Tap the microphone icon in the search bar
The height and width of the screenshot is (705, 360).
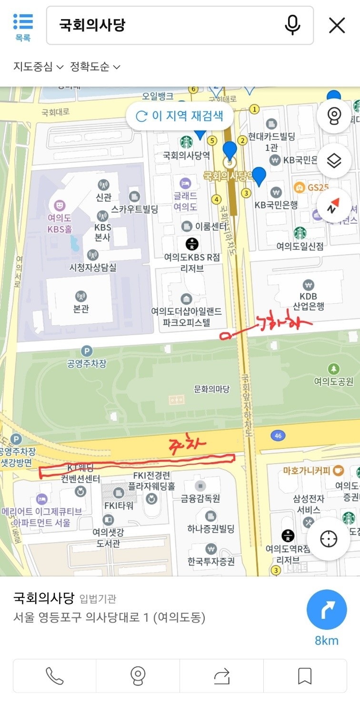292,25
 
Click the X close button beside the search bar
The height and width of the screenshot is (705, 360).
337,25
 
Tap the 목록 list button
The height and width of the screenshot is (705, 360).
23,27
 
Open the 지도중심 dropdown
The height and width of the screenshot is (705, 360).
38,66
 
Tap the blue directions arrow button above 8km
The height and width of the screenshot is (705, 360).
327,610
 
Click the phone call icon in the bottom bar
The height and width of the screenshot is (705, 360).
55,675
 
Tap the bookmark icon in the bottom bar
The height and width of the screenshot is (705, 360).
305,675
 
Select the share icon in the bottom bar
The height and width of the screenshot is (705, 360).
221,675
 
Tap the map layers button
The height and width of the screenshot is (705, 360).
334,161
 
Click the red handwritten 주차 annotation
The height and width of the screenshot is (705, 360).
189,445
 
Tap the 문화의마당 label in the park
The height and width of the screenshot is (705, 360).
211,389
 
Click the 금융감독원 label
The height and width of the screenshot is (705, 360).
200,498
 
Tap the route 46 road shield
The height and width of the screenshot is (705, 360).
278,436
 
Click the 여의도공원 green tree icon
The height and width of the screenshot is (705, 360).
334,368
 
